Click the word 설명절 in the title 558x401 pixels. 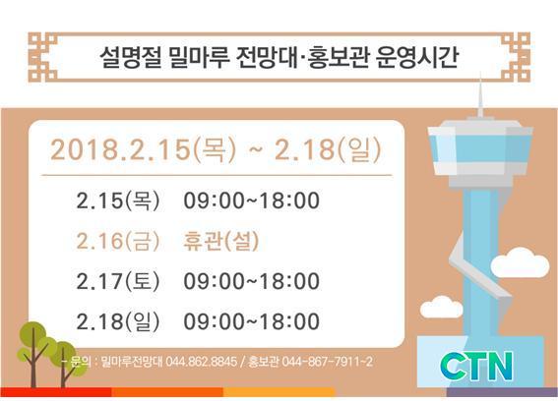pyautogui.click(x=130, y=57)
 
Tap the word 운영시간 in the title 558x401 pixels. pyautogui.click(x=416, y=57)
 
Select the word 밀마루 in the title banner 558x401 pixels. pyautogui.click(x=199, y=57)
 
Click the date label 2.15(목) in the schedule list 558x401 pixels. pyautogui.click(x=118, y=200)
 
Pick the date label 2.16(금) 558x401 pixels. pyautogui.click(x=118, y=241)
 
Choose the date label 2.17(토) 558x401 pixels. pyautogui.click(x=118, y=281)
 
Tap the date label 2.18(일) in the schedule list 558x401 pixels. pyautogui.click(x=118, y=321)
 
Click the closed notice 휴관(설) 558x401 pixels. pyautogui.click(x=221, y=241)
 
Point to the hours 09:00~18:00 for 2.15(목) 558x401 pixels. pyautogui.click(x=252, y=200)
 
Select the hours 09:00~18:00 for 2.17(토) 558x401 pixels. pyautogui.click(x=252, y=281)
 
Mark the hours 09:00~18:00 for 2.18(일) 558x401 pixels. pyautogui.click(x=252, y=321)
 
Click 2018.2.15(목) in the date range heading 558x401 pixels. pyautogui.click(x=143, y=149)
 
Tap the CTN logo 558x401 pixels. pyautogui.click(x=476, y=367)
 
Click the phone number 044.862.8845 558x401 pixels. pyautogui.click(x=201, y=362)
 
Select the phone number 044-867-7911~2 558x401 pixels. pyautogui.click(x=327, y=362)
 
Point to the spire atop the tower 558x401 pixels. pyautogui.click(x=480, y=96)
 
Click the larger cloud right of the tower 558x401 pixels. pyautogui.click(x=520, y=262)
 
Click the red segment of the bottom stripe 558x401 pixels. pyautogui.click(x=56, y=392)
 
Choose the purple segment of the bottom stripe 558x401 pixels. pyautogui.click(x=502, y=392)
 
